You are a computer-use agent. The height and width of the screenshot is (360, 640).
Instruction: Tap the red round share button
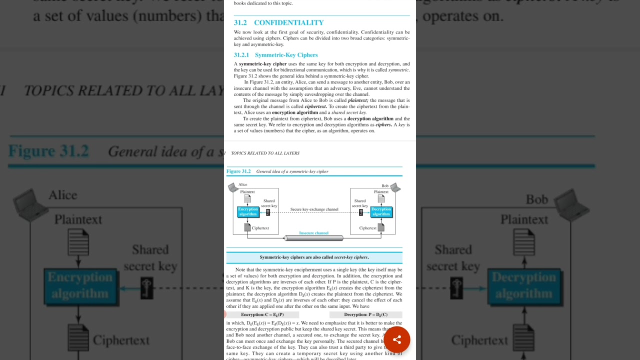click(x=397, y=340)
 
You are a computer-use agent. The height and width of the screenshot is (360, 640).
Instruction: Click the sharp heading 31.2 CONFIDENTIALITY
click(x=279, y=22)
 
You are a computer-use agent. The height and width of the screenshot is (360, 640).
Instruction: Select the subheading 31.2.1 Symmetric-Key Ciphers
click(x=276, y=55)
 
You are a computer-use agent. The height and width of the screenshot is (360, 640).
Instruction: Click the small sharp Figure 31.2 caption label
click(x=238, y=171)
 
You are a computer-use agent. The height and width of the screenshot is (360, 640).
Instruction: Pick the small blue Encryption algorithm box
click(x=248, y=212)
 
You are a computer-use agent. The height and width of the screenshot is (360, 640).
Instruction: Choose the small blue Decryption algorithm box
click(x=381, y=212)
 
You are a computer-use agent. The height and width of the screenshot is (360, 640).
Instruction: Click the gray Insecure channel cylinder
click(x=314, y=238)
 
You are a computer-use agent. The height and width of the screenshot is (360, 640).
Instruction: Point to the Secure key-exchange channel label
click(x=314, y=209)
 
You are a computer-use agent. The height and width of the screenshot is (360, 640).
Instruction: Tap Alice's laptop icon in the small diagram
click(x=232, y=187)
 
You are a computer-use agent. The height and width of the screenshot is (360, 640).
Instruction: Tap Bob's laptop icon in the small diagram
click(x=395, y=187)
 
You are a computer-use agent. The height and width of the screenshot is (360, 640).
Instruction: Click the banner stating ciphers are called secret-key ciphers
click(x=314, y=257)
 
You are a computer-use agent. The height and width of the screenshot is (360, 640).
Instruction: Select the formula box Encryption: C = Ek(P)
click(x=262, y=315)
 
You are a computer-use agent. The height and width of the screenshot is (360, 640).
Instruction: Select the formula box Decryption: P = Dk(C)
click(x=365, y=315)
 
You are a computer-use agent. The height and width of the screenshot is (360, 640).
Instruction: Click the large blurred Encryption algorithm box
click(x=80, y=285)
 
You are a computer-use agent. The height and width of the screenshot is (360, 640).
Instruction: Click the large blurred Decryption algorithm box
click(x=523, y=285)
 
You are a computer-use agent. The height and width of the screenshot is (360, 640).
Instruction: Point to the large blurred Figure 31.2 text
click(x=48, y=151)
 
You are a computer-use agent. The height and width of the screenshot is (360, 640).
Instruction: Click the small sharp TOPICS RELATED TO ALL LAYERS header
click(x=265, y=153)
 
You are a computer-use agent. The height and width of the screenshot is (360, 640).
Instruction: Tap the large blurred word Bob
click(x=536, y=199)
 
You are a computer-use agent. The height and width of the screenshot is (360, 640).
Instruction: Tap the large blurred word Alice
click(x=63, y=195)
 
